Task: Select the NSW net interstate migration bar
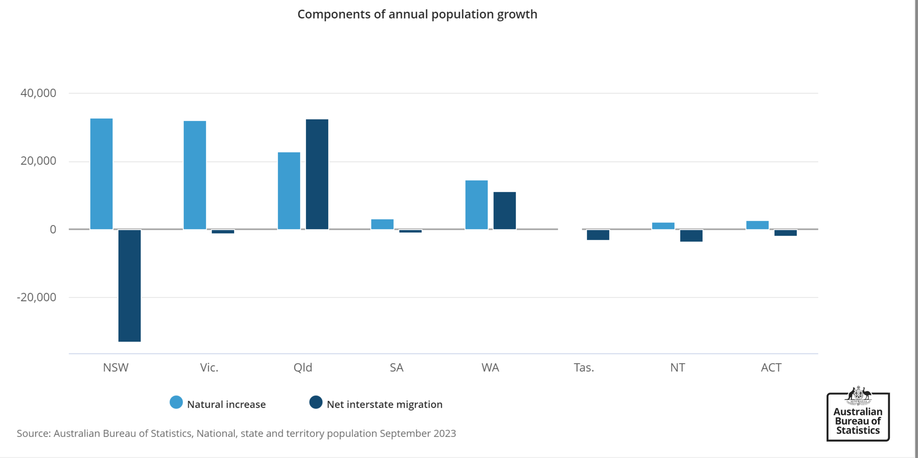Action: [x=130, y=285]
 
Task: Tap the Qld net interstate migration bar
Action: [x=317, y=174]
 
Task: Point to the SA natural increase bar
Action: [x=382, y=224]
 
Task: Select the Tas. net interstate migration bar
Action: [x=598, y=235]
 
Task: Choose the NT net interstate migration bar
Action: [x=691, y=236]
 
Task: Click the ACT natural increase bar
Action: [x=757, y=225]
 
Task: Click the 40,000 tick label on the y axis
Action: [x=38, y=93]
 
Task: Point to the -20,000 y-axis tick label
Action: [x=36, y=297]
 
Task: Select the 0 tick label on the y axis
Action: [x=53, y=229]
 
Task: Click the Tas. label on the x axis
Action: [x=584, y=367]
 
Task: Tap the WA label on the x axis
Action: [x=490, y=367]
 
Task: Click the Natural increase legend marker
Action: [x=176, y=402]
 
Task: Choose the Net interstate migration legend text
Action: [x=384, y=405]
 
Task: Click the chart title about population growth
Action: [x=417, y=14]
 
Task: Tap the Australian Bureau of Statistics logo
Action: [x=858, y=414]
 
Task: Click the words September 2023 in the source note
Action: [x=418, y=433]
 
